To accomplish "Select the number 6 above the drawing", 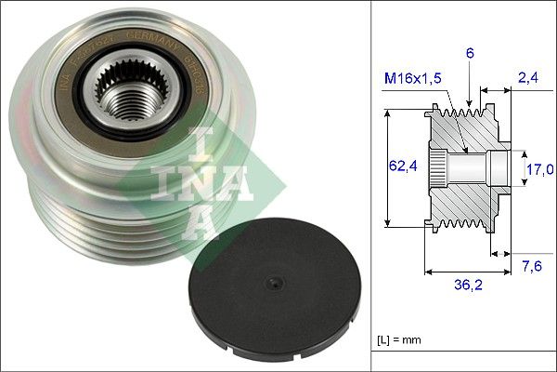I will tap(470, 55).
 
